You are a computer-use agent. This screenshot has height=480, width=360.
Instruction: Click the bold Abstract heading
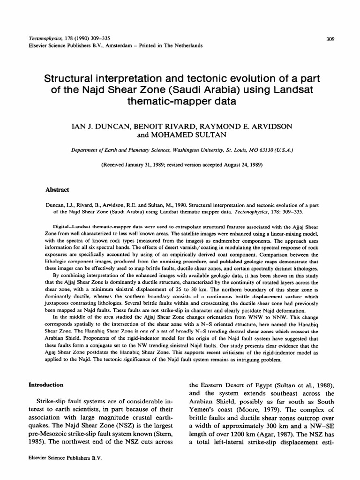click(x=57, y=189)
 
